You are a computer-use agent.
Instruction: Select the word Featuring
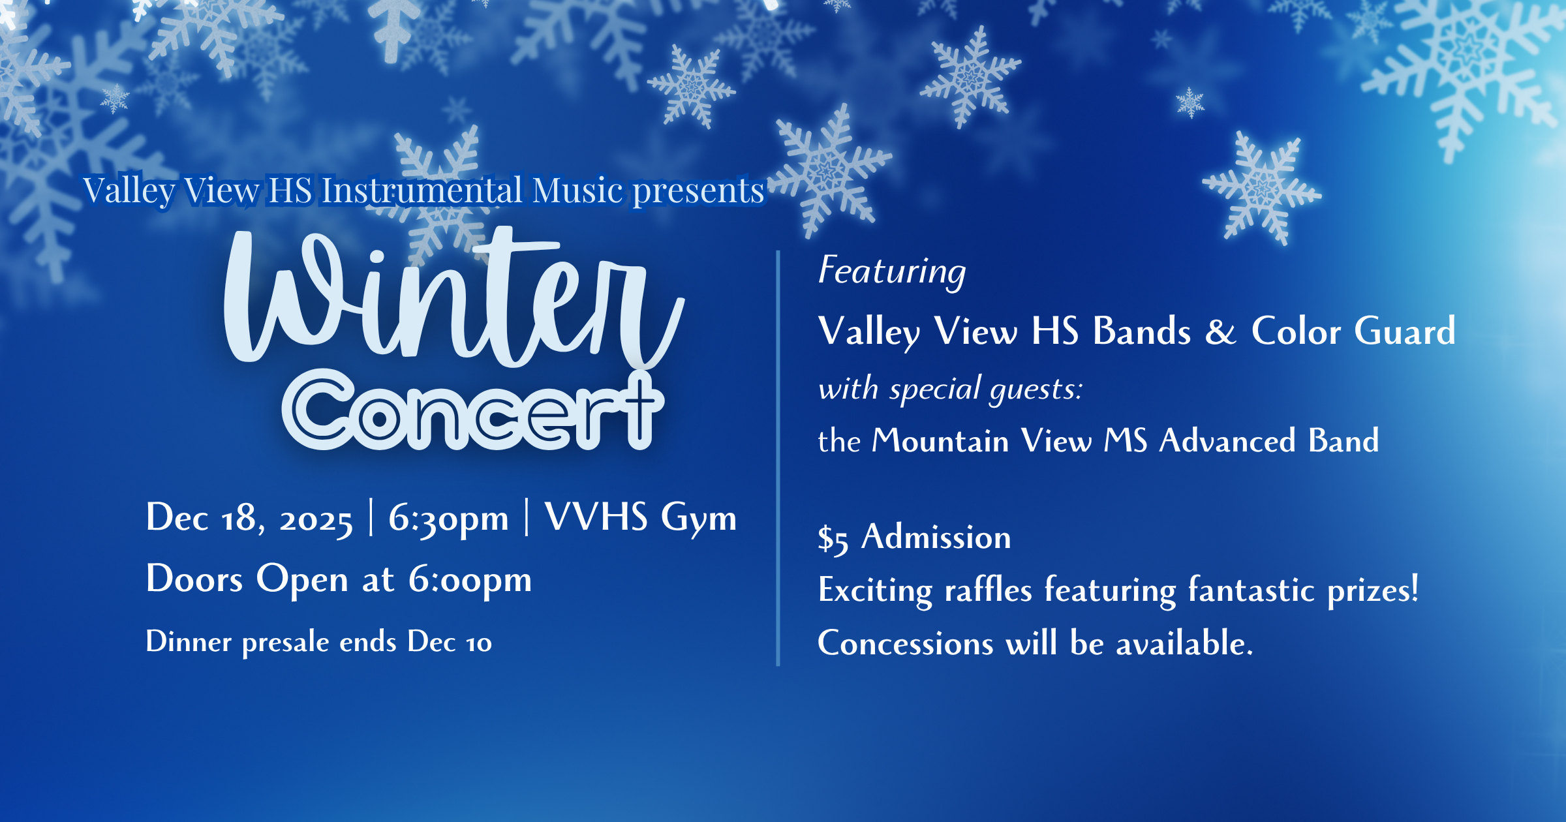tap(892, 271)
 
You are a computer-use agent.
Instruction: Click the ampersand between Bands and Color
tap(1220, 331)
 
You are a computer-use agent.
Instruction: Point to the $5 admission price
tap(833, 539)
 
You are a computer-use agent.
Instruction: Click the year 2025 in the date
tap(316, 520)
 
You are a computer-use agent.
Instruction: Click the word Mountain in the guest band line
tap(940, 441)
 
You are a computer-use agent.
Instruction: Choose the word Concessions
tap(906, 643)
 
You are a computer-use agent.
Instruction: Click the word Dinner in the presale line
tap(189, 642)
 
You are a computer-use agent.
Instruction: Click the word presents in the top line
tap(698, 190)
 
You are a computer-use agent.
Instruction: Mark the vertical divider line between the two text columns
tap(778, 457)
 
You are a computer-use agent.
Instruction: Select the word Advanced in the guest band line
tap(1227, 441)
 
